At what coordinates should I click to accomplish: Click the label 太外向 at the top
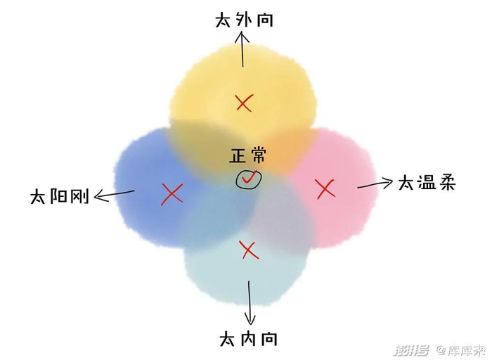tap(244, 19)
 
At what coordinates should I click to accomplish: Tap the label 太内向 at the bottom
tap(248, 340)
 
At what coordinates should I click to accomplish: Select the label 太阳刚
tap(59, 196)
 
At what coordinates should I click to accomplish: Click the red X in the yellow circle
tap(244, 103)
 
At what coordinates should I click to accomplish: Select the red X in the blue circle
tap(171, 194)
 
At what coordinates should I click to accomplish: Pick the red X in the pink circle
tap(324, 188)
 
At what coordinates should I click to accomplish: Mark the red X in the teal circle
tap(247, 248)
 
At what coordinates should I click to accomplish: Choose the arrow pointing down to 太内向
tap(248, 302)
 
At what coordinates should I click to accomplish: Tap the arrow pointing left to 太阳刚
tap(114, 194)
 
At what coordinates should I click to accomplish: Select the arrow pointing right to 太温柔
tap(375, 184)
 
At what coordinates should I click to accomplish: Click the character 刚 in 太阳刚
tap(79, 196)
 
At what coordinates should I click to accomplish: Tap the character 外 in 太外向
tap(245, 19)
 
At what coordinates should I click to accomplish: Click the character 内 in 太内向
tap(248, 340)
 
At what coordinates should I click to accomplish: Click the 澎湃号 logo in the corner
tap(412, 349)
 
